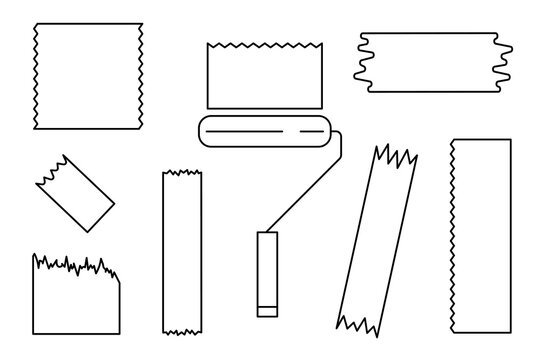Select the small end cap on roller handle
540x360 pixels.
coord(266,309)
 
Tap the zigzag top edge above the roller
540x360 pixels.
coord(262,46)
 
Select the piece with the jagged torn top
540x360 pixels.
coord(76,297)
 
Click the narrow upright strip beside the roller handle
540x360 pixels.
coord(182,250)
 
